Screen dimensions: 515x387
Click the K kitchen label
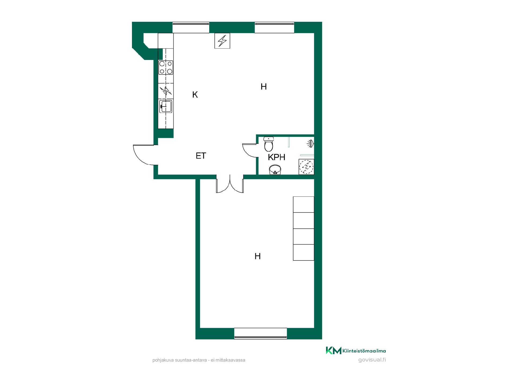[x=195, y=95]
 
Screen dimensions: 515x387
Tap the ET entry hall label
[x=201, y=156]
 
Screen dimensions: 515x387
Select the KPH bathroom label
[x=277, y=157]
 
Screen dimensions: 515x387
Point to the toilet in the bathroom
[x=268, y=144]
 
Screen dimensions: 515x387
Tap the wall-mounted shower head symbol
[x=311, y=144]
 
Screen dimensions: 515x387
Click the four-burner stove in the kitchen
[x=166, y=67]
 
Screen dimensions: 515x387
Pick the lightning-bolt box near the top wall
[x=222, y=41]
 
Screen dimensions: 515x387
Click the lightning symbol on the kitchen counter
[x=166, y=91]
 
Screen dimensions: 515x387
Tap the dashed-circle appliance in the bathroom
[x=306, y=167]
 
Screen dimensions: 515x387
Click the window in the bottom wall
[x=260, y=333]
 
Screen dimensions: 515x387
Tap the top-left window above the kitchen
[x=191, y=27]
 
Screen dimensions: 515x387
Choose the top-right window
[x=274, y=27]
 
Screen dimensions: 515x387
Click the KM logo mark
[x=333, y=350]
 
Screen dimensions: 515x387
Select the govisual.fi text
[x=372, y=360]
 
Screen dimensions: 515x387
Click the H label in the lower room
[x=257, y=256]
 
